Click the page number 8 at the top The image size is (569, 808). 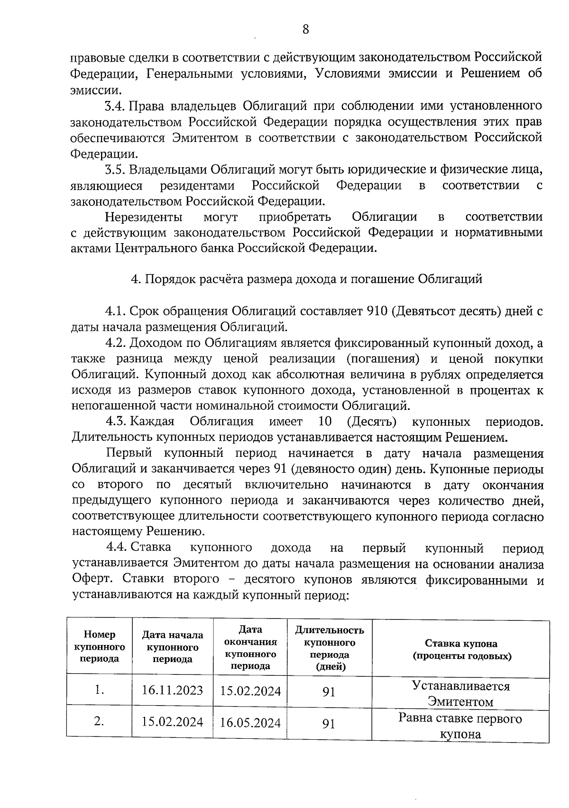click(305, 29)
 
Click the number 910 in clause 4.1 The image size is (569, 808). click(378, 311)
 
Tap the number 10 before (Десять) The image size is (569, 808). click(325, 421)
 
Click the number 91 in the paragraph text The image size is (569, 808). click(279, 469)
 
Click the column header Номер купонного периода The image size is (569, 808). click(100, 646)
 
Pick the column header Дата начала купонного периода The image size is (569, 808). click(173, 647)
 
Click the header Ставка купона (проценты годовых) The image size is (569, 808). click(461, 650)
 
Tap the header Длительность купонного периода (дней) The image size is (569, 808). click(330, 648)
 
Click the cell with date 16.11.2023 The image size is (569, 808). click(173, 690)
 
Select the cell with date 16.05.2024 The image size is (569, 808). click(250, 723)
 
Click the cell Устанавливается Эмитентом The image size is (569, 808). click(461, 693)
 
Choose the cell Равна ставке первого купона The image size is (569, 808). click(461, 726)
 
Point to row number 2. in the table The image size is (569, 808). click(99, 721)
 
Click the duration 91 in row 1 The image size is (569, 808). click(329, 692)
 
